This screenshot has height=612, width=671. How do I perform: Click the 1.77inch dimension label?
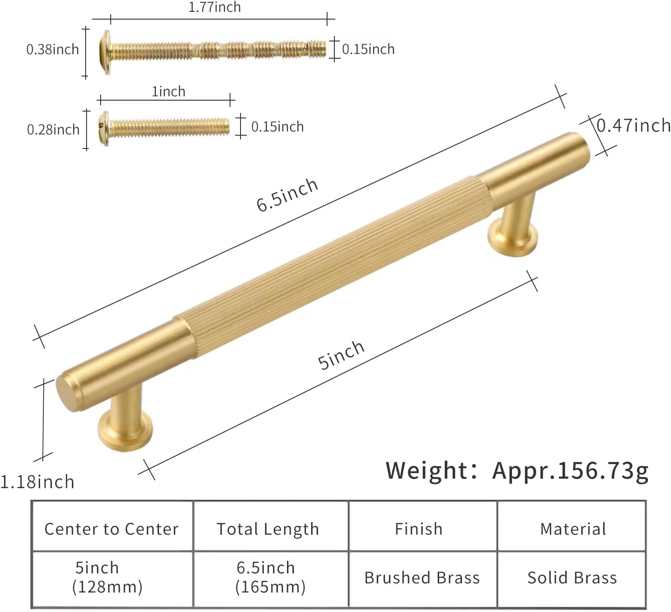tap(215, 7)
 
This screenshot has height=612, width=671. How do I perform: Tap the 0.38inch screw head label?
tap(52, 49)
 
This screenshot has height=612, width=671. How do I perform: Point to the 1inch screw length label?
tap(169, 92)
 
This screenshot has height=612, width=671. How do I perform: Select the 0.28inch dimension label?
tap(53, 130)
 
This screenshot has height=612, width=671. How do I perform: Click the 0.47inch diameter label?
tap(633, 125)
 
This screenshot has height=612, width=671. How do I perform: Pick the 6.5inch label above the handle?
tap(287, 195)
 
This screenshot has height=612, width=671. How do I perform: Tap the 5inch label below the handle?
tap(341, 355)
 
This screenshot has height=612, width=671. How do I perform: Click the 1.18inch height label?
tap(37, 482)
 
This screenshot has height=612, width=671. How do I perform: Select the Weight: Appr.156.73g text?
tap(517, 470)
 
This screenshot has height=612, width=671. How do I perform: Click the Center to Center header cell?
tap(112, 529)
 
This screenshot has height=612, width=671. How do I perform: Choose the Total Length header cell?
tap(268, 529)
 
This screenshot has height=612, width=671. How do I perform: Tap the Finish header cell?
tap(419, 529)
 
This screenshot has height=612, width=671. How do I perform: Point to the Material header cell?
tap(573, 529)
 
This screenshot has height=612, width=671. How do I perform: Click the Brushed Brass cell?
tap(422, 577)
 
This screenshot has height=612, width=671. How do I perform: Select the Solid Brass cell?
tap(572, 577)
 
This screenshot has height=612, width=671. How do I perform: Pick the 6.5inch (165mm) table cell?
tap(270, 577)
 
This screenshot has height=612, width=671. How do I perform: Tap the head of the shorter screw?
tap(104, 128)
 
